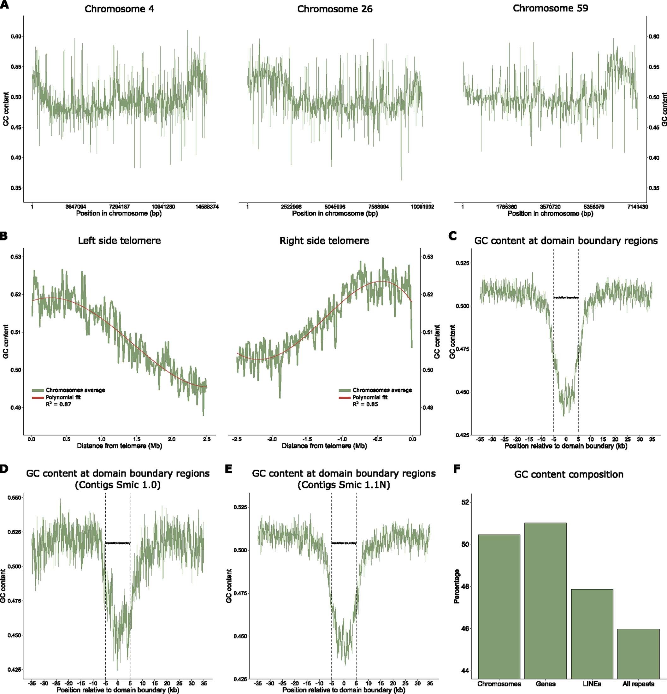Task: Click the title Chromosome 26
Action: pyautogui.click(x=334, y=9)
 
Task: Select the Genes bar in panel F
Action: pyautogui.click(x=545, y=602)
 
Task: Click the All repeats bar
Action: pyautogui.click(x=638, y=655)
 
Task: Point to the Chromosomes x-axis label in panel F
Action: pyautogui.click(x=499, y=684)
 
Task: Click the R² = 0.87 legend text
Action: pyautogui.click(x=58, y=404)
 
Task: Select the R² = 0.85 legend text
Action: pyautogui.click(x=365, y=404)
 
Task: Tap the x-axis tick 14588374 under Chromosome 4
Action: pyautogui.click(x=207, y=207)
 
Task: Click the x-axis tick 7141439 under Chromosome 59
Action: pyautogui.click(x=637, y=207)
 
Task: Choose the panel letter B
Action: pyautogui.click(x=3, y=236)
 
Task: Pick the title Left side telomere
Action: pyautogui.click(x=119, y=241)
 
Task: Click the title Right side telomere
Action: pyautogui.click(x=324, y=241)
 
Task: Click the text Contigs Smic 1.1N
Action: pyautogui.click(x=343, y=485)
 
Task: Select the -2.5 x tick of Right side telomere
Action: pyautogui.click(x=237, y=439)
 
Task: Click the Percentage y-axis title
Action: pyautogui.click(x=457, y=586)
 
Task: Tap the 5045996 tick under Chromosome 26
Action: pyautogui.click(x=335, y=207)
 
